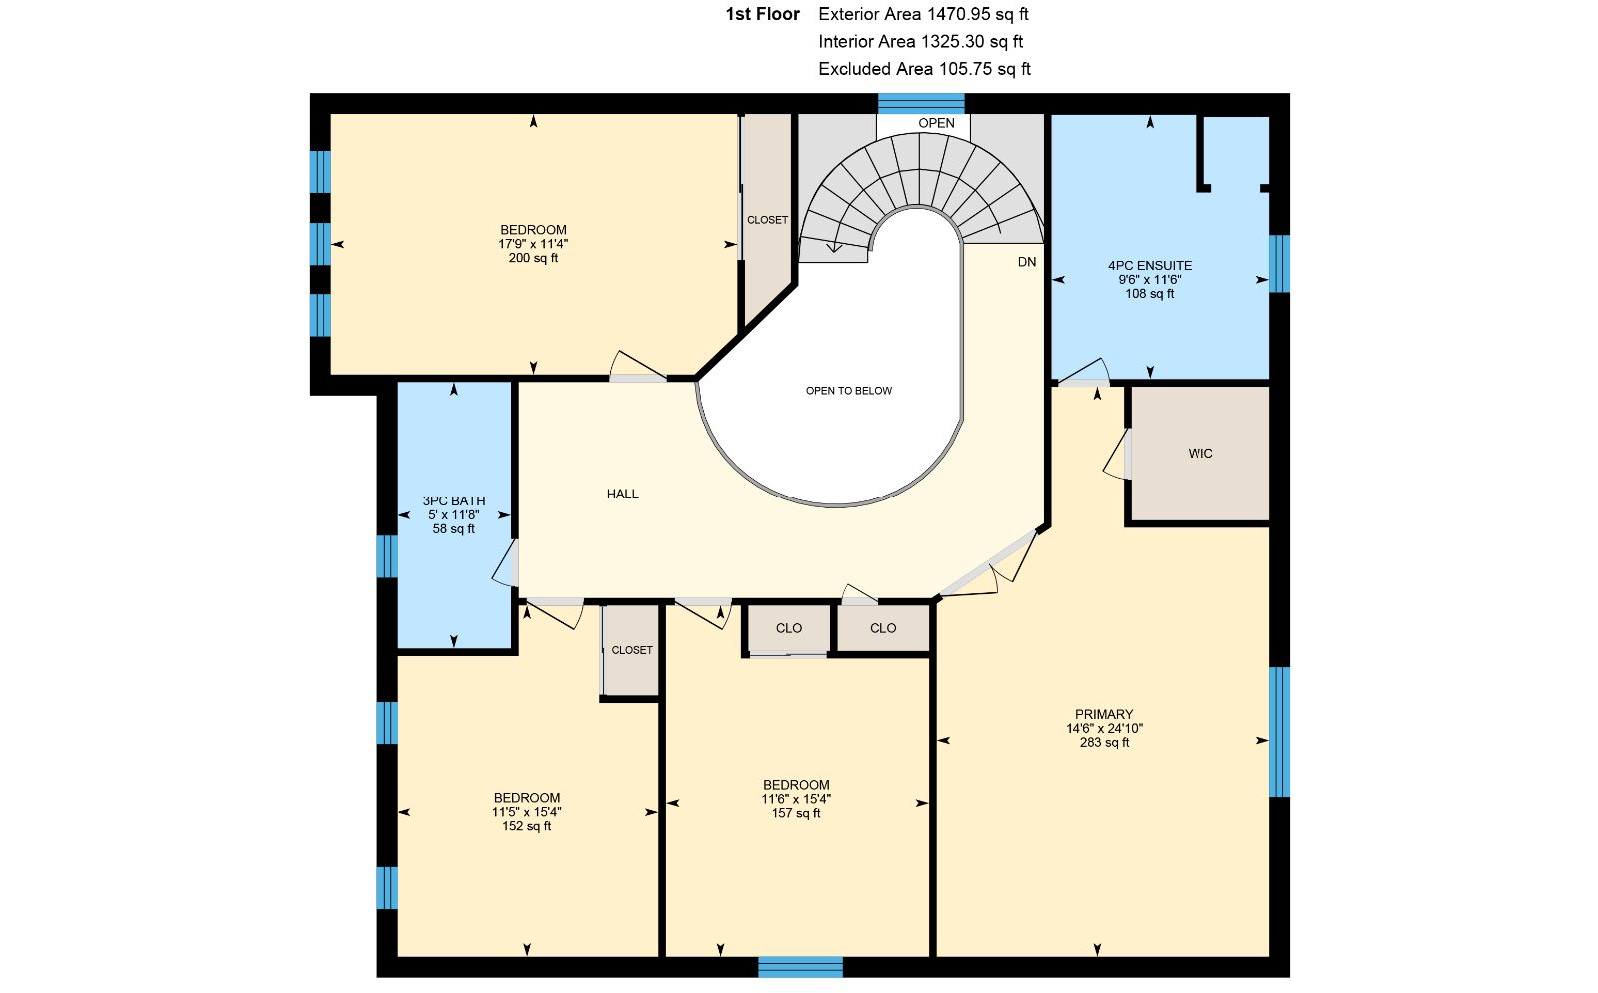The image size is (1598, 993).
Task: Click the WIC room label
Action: pyautogui.click(x=1200, y=453)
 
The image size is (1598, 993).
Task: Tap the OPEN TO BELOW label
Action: pyautogui.click(x=849, y=391)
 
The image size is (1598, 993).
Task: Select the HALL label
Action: pyautogui.click(x=623, y=494)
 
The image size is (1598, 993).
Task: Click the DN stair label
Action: pyautogui.click(x=1027, y=262)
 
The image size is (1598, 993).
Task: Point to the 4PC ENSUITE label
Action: pyautogui.click(x=1150, y=266)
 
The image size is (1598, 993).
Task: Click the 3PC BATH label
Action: pyautogui.click(x=454, y=500)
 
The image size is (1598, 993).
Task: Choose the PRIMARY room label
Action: pyautogui.click(x=1104, y=714)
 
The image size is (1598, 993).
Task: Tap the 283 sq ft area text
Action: pyautogui.click(x=1105, y=742)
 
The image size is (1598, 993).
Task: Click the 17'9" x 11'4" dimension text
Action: pyautogui.click(x=533, y=244)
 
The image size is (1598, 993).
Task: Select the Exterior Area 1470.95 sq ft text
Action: pyautogui.click(x=923, y=14)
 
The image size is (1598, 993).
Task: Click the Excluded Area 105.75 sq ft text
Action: pyautogui.click(x=925, y=69)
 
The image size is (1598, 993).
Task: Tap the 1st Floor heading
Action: pyautogui.click(x=763, y=14)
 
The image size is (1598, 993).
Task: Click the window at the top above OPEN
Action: pyautogui.click(x=921, y=104)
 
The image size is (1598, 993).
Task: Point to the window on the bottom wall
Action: pyautogui.click(x=800, y=967)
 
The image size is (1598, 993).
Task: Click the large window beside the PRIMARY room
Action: pyautogui.click(x=1279, y=732)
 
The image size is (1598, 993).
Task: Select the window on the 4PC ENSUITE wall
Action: pyautogui.click(x=1279, y=263)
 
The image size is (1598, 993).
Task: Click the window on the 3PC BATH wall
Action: pyautogui.click(x=387, y=556)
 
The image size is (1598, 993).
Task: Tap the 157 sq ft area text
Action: pyautogui.click(x=796, y=813)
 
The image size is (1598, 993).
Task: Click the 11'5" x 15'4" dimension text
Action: pyautogui.click(x=527, y=812)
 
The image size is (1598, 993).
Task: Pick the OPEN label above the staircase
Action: pyautogui.click(x=936, y=123)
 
